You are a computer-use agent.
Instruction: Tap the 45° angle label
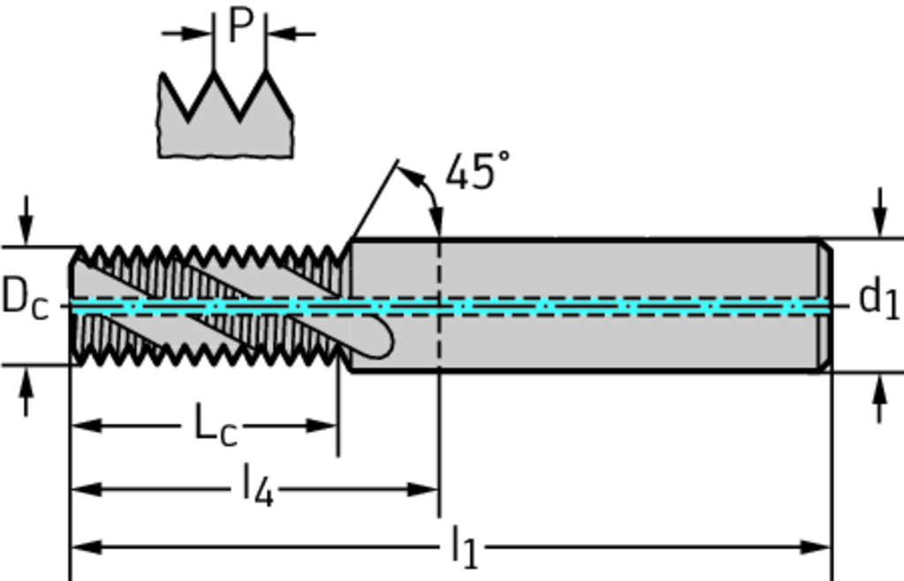coord(477,171)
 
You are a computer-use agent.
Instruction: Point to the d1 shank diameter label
coord(878,298)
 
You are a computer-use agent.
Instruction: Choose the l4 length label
coord(258,487)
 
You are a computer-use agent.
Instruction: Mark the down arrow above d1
coord(878,216)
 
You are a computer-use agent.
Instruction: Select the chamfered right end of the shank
coord(825,305)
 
